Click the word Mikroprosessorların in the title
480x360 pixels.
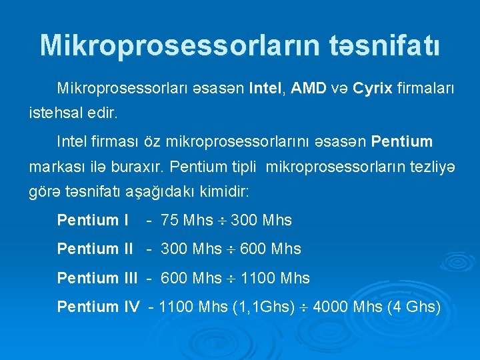point(179,45)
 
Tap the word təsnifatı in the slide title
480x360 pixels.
point(384,45)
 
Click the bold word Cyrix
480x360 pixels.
point(373,88)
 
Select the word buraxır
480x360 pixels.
point(142,165)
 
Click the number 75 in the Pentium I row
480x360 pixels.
point(170,220)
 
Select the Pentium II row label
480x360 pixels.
point(95,249)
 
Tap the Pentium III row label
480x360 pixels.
point(97,277)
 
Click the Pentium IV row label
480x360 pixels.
point(98,307)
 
